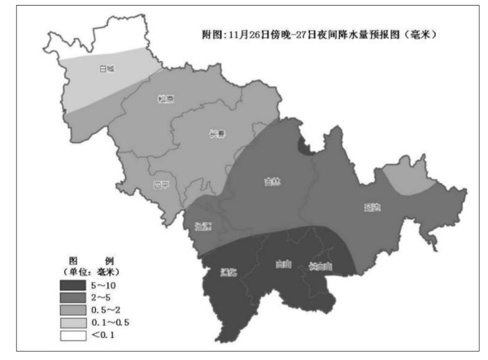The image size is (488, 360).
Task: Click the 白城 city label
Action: (x=106, y=68)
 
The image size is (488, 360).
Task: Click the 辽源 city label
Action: (x=203, y=225)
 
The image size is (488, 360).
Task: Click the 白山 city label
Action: (x=284, y=265)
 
